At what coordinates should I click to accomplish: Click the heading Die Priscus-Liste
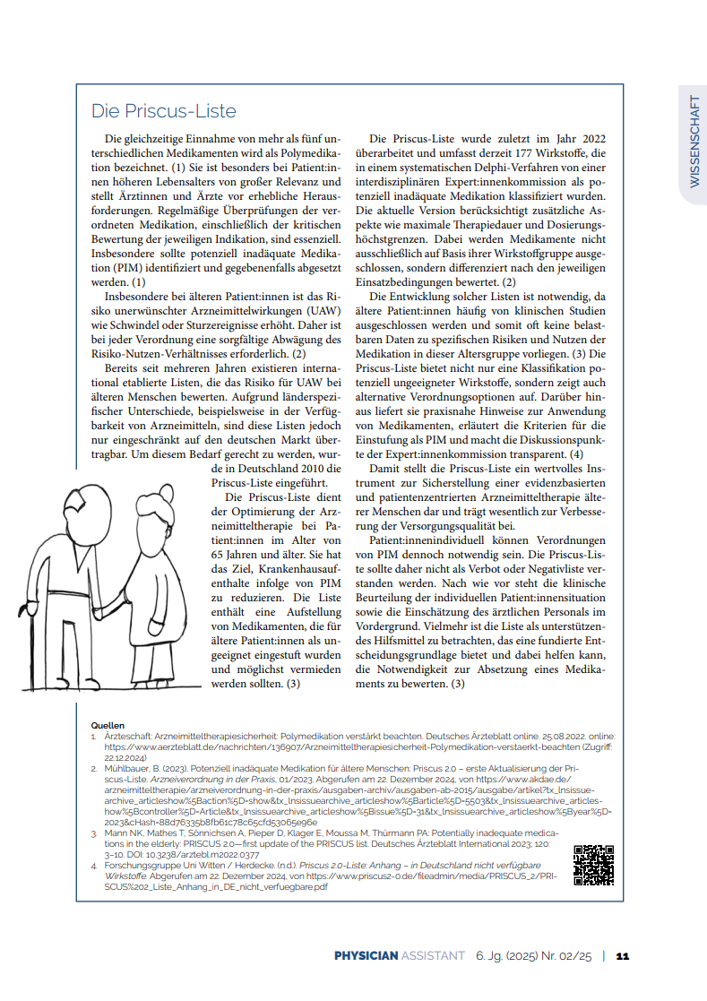pyautogui.click(x=164, y=111)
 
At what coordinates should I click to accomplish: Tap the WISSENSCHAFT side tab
pyautogui.click(x=694, y=141)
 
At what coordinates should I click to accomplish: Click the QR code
pyautogui.click(x=593, y=865)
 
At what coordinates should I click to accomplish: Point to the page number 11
pyautogui.click(x=623, y=956)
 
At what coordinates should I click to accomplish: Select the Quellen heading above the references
pyautogui.click(x=108, y=724)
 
